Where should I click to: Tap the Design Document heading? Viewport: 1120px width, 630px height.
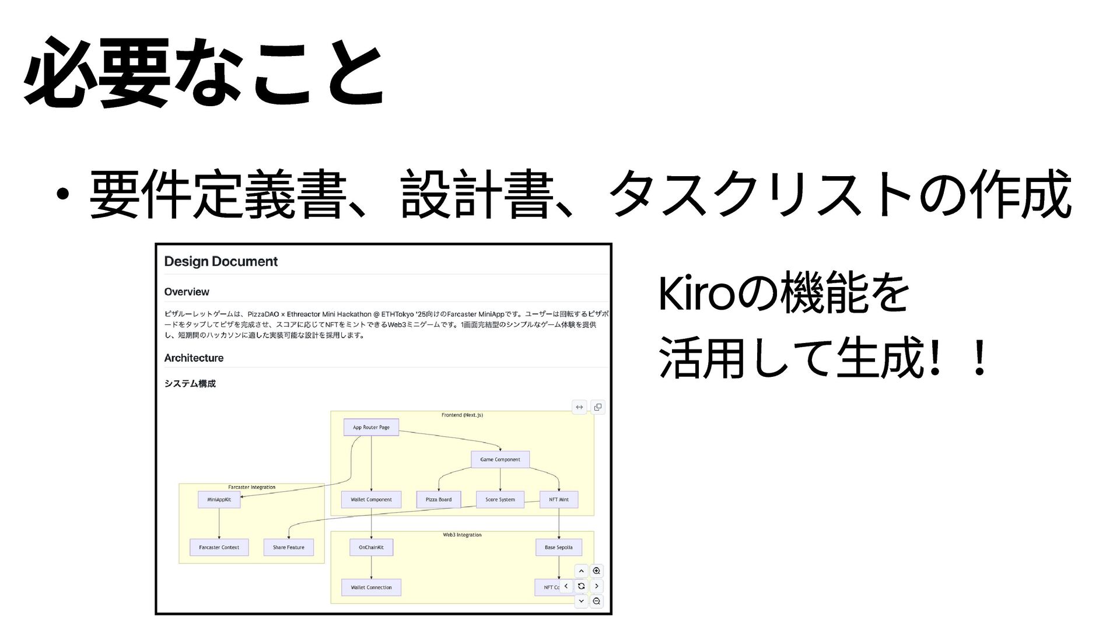(220, 261)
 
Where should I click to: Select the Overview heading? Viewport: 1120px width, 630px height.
(186, 292)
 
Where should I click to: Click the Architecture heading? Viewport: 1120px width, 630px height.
(194, 358)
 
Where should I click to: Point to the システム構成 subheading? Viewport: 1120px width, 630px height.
(190, 383)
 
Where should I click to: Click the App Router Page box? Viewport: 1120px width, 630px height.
(371, 427)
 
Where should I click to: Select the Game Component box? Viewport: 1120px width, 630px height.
(500, 459)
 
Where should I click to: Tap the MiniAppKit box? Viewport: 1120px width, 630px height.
(219, 499)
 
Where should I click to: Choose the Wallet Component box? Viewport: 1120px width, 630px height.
(371, 499)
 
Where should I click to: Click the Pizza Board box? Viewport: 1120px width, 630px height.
(438, 499)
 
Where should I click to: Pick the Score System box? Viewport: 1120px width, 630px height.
(500, 499)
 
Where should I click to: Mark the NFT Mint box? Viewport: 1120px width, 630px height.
(558, 499)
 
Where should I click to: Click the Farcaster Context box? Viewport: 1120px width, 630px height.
(219, 547)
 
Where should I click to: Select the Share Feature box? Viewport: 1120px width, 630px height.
(288, 547)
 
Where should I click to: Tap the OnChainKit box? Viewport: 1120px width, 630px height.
(371, 547)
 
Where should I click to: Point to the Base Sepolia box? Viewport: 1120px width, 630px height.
(558, 547)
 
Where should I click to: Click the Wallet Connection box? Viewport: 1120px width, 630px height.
(371, 587)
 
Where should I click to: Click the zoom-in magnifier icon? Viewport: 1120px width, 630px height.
(596, 571)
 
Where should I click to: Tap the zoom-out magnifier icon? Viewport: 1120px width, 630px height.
(596, 601)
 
